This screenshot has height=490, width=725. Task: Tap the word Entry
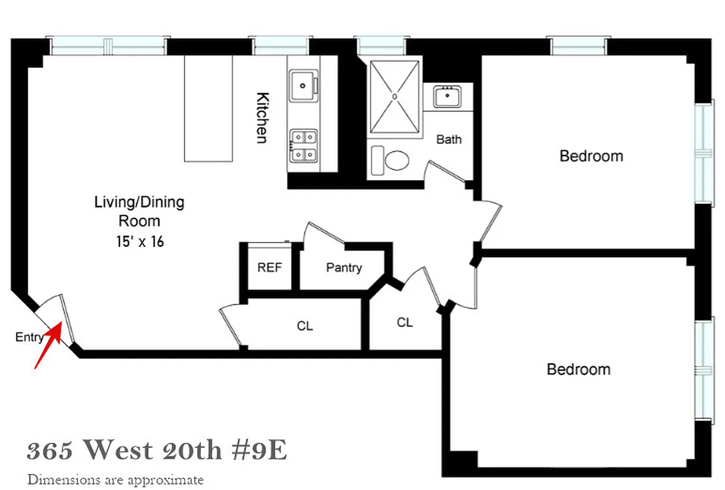(29, 337)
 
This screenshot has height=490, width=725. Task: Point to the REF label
(270, 268)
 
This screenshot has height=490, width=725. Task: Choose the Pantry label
(344, 268)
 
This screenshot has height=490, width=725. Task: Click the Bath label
(449, 140)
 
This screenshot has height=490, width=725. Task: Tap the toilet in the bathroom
(395, 161)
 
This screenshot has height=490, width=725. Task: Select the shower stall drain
(395, 96)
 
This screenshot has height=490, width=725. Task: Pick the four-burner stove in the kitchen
(303, 146)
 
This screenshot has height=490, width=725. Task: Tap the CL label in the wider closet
(305, 326)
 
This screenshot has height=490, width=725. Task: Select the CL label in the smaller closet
(404, 322)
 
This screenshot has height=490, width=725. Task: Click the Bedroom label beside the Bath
(591, 156)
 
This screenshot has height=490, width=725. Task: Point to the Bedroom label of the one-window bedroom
(578, 370)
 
